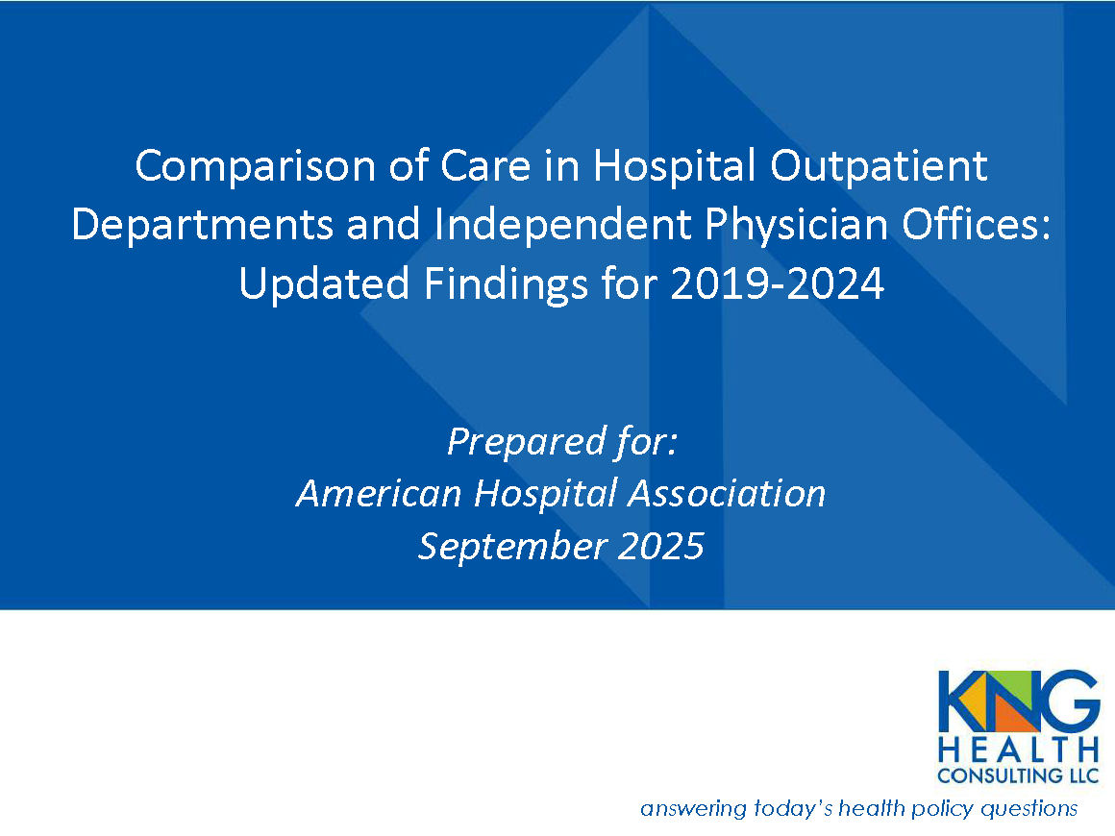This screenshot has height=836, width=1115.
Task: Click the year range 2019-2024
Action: click(x=777, y=284)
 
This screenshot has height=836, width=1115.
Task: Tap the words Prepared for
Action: click(x=562, y=441)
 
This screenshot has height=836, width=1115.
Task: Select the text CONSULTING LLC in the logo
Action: click(x=1020, y=774)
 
